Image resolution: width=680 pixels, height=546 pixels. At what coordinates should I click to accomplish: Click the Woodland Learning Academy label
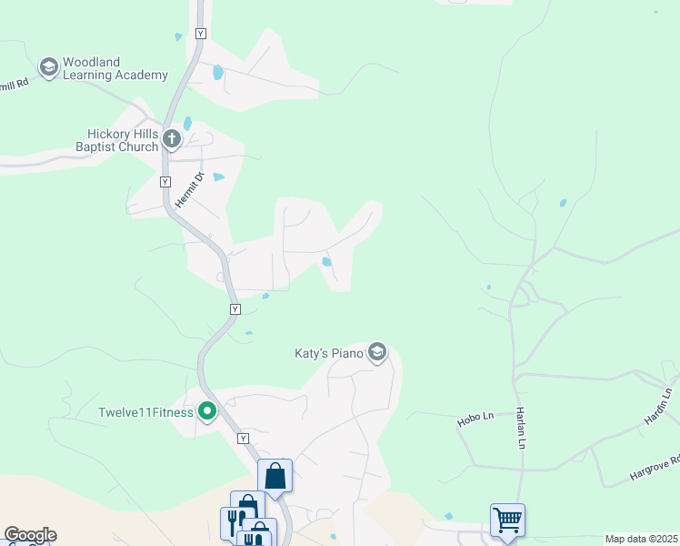[115, 68]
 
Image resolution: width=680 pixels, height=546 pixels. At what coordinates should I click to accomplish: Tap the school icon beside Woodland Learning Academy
[48, 67]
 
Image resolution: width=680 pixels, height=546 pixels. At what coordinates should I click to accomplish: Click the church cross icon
[173, 139]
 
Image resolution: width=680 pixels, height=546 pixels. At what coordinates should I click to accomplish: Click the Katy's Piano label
[329, 352]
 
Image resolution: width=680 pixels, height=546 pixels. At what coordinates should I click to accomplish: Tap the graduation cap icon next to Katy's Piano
[377, 352]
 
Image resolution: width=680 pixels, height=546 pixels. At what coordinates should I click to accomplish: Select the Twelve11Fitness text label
[145, 412]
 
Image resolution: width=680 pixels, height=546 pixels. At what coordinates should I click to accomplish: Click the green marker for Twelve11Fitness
[207, 412]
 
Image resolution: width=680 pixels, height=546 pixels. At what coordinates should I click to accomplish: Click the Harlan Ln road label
[522, 427]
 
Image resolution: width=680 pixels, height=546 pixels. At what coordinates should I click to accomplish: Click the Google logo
[30, 535]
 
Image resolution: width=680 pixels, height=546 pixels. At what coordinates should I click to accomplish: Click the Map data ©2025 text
[641, 539]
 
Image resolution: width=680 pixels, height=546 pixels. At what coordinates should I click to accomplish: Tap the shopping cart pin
[507, 520]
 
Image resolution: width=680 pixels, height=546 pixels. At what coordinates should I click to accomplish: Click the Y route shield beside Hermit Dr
[165, 182]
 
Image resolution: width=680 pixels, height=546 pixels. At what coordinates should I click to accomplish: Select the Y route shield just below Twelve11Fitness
[243, 439]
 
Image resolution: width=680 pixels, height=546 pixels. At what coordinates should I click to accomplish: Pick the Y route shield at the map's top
[201, 34]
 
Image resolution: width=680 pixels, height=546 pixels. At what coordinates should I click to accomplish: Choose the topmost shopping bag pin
[275, 475]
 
